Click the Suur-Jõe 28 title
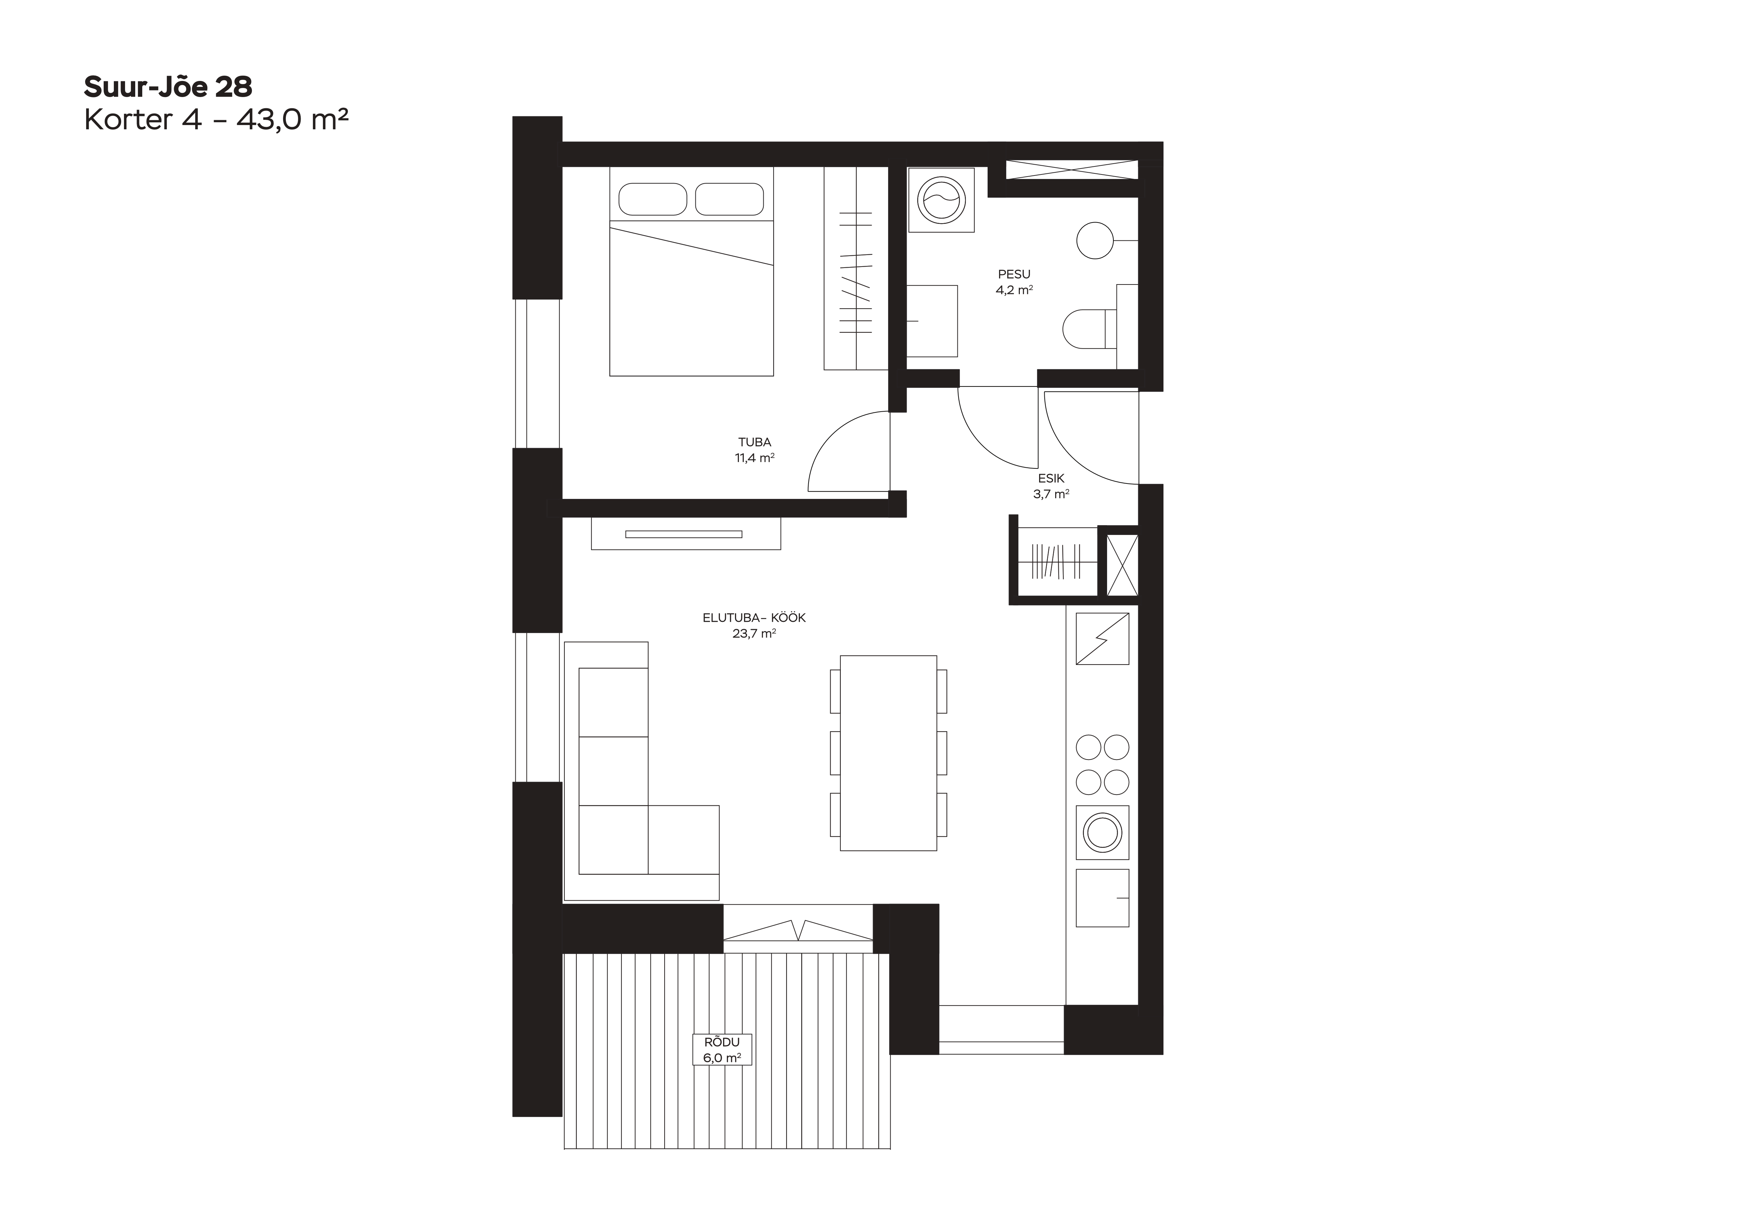point(168,87)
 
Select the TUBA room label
point(755,443)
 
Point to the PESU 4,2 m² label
point(1014,282)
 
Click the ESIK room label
point(1051,478)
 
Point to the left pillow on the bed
point(653,199)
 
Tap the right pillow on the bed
point(729,199)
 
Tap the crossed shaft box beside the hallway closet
point(1122,565)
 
